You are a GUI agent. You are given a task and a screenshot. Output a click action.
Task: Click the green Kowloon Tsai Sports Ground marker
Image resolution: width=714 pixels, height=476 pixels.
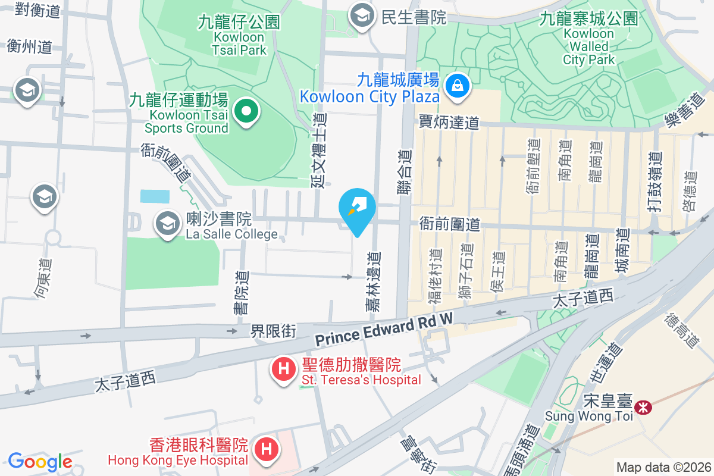tap(245, 111)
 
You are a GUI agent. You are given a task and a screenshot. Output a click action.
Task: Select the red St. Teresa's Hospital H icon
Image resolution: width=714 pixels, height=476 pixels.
tap(284, 370)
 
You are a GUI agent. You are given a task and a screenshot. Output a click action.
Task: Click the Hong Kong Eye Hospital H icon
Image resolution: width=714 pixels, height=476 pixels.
tap(267, 447)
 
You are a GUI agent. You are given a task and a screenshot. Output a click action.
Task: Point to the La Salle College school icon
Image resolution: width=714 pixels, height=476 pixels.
tap(167, 224)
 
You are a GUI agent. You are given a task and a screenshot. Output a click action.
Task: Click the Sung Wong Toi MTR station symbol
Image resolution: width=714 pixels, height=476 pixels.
tap(643, 408)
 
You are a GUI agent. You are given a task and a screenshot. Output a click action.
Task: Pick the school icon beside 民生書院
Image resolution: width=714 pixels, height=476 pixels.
tap(362, 17)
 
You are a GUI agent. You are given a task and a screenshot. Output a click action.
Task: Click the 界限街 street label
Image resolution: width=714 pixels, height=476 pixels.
tap(273, 330)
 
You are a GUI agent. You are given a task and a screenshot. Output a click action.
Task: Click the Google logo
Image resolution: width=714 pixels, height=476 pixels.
tap(40, 462)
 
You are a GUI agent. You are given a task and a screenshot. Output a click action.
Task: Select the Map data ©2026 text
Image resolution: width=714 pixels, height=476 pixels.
tap(663, 467)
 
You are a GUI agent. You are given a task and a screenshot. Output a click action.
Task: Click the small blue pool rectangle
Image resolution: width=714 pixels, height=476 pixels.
tap(155, 196)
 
